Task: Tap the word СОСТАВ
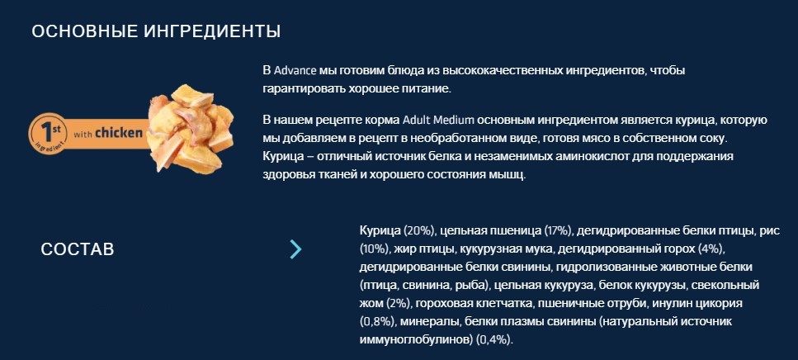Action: coord(78,249)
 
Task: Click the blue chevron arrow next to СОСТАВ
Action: coord(295,249)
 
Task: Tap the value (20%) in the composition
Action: coord(419,230)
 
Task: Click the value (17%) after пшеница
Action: coord(555,230)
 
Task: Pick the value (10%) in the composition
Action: coord(376,249)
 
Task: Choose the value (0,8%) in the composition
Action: coord(378,321)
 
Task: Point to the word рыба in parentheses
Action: coord(469,285)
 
